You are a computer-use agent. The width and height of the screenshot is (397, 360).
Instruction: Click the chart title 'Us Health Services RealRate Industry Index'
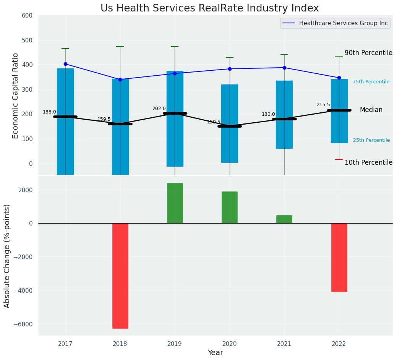(x=209, y=8)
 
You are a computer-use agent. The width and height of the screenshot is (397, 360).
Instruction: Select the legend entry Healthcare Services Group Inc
(x=343, y=23)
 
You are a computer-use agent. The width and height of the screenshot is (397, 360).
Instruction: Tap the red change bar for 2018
(x=120, y=276)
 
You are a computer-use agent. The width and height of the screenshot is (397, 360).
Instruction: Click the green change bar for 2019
(x=175, y=203)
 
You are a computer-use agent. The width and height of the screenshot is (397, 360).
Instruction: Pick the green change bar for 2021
(x=284, y=219)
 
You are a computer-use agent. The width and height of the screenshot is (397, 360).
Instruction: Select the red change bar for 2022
(x=339, y=257)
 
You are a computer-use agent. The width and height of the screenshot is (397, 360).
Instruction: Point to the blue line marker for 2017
(x=65, y=64)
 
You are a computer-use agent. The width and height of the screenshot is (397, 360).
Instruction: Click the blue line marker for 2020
(x=230, y=69)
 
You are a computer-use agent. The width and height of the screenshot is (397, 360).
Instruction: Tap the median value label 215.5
(x=323, y=105)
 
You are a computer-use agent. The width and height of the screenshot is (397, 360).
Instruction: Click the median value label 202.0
(x=159, y=109)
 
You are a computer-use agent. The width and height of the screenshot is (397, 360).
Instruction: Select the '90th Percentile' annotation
(x=368, y=53)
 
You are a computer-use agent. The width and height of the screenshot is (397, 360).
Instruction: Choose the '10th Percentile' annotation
(x=368, y=162)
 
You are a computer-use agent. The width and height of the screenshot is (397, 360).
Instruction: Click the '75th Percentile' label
(x=371, y=82)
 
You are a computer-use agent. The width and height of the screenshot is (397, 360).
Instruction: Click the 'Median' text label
(x=371, y=110)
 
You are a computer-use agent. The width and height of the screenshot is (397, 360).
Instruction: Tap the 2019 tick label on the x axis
(x=175, y=344)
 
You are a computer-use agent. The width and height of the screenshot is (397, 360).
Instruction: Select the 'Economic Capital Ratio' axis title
(x=16, y=96)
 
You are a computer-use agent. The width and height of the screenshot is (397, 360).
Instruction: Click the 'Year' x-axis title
(x=215, y=353)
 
